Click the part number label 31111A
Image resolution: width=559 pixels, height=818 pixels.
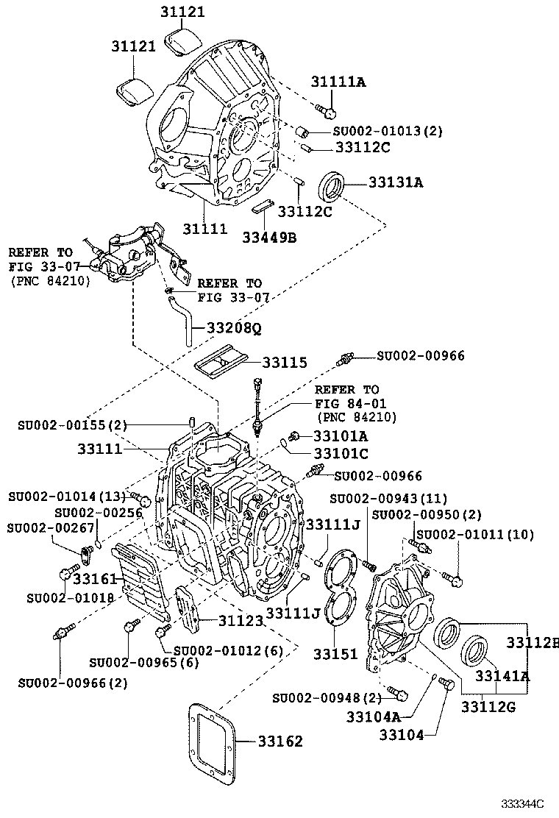point(337,82)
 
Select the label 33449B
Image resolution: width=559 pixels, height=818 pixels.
point(269,237)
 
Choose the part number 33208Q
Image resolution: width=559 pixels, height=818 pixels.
point(233,329)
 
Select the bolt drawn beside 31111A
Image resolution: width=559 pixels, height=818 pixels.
point(325,110)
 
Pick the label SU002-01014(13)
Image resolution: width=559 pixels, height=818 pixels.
point(67,497)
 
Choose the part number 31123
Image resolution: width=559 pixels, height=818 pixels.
point(240,621)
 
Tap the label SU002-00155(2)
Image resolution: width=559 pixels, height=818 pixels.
point(73,424)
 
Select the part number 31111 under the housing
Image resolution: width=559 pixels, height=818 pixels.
point(204,230)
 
